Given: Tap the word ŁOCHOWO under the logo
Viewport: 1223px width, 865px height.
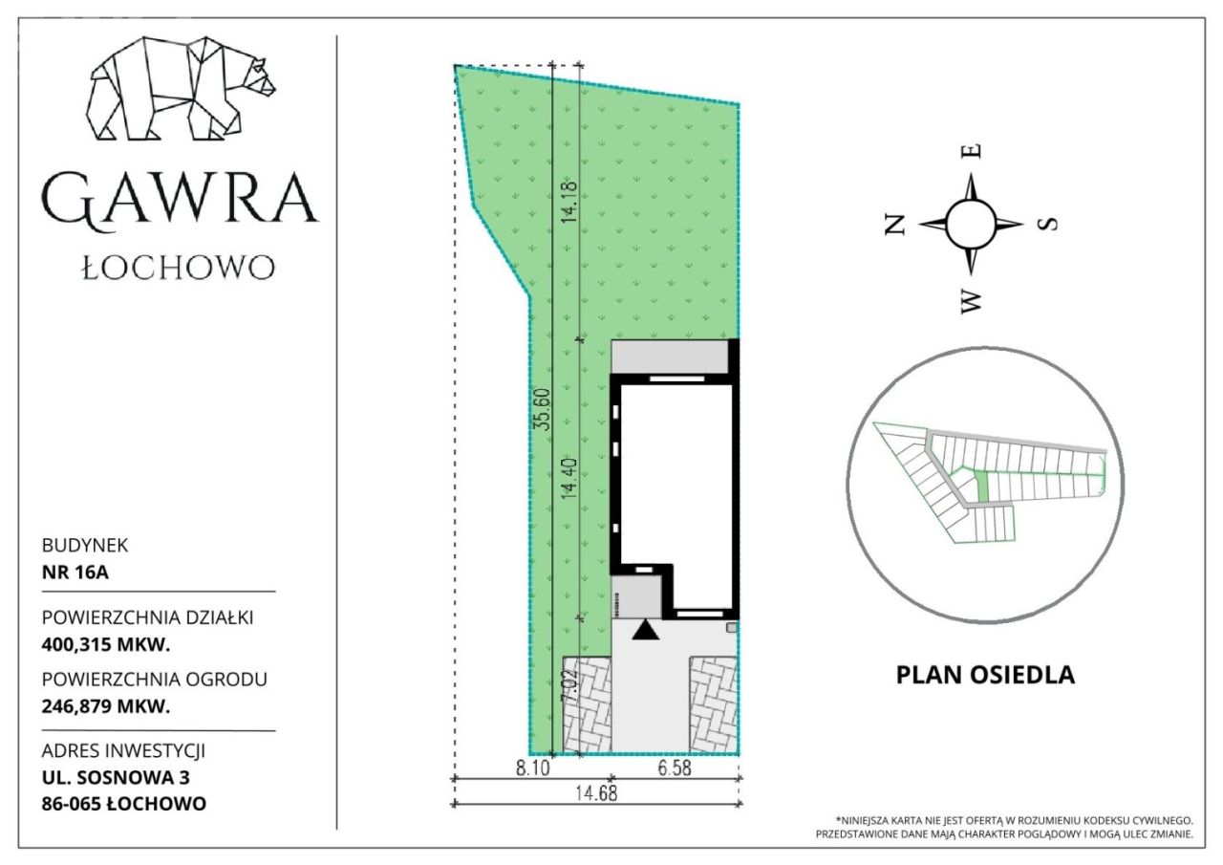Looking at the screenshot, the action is point(179,268).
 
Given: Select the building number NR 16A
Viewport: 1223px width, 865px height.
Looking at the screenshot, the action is point(75,573).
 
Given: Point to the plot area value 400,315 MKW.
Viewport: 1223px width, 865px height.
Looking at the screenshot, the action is point(106,645).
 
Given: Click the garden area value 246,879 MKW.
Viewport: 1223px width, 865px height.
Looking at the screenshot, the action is point(106,706).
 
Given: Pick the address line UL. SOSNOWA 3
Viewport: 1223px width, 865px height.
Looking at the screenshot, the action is point(116,777).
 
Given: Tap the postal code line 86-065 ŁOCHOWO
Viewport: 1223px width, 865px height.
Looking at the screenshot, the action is point(124,804).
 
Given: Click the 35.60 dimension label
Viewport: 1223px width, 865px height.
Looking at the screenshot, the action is point(543,409).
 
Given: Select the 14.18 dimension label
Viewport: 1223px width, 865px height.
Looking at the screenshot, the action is point(569,201).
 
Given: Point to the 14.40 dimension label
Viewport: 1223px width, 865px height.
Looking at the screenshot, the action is point(569,478).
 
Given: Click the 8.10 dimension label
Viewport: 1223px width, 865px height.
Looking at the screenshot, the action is point(533,768).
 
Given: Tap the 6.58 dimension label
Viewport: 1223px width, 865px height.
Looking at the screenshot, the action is point(675,768).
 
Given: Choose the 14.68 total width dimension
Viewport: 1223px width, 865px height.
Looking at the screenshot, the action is point(596,793).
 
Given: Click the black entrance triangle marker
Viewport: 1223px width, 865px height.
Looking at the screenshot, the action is point(645,630).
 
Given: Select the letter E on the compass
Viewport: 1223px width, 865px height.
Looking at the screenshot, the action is point(971,151).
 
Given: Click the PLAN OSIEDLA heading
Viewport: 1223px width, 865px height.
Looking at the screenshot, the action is point(985,675).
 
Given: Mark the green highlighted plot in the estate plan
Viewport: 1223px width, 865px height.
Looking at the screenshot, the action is point(981,487).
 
